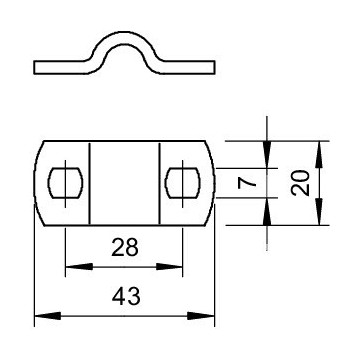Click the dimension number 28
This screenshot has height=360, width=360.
click(125, 248)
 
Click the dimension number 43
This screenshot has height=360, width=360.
click(126, 297)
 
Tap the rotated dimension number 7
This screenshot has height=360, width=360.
click(247, 183)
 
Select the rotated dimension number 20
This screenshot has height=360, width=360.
click(300, 183)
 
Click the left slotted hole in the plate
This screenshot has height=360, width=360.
click(65, 183)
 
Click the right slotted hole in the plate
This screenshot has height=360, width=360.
click(183, 183)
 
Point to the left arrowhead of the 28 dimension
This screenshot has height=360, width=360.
click(79, 267)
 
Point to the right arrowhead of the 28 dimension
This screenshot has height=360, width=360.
click(169, 267)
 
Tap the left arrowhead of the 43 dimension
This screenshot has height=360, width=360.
click(48, 316)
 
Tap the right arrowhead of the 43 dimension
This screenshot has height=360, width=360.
click(201, 316)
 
